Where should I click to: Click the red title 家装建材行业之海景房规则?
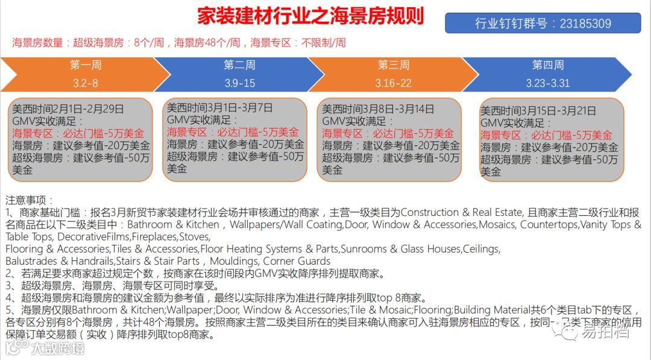point(310,16)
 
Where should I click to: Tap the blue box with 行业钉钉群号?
point(542,24)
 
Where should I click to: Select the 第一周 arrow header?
point(85,65)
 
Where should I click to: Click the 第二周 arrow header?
point(239,65)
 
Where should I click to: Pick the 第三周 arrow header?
point(393,65)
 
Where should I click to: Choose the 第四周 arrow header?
point(547,65)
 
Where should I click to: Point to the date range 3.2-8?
point(85,83)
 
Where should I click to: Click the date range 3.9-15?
point(239,83)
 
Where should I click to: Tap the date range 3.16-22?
point(393,83)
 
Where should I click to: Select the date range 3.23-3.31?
point(547,83)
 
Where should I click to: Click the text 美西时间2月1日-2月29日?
point(68,109)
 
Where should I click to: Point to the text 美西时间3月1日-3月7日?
point(219,108)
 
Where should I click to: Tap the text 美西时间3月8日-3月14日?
point(378,109)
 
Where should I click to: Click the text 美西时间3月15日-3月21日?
point(538,111)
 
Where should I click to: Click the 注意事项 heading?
point(29,200)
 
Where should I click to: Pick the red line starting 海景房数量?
point(179,43)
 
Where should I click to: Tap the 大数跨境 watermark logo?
point(45,348)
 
